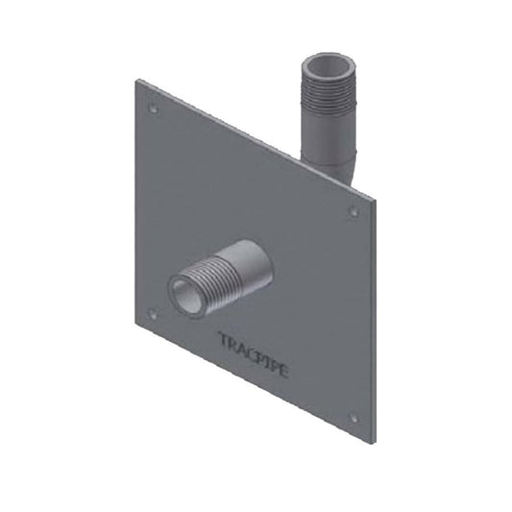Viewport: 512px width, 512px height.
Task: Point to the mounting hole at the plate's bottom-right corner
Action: click(353, 417)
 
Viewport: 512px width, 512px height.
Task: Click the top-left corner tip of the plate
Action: click(136, 80)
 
